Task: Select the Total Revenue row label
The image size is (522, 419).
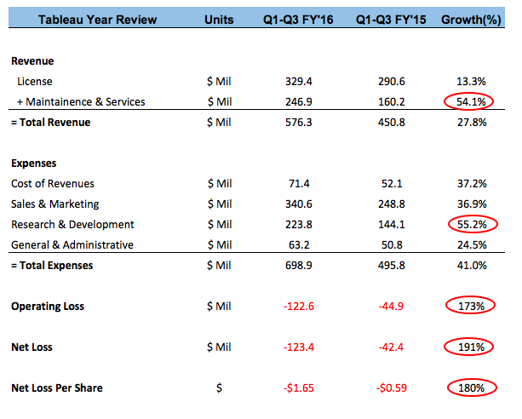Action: (51, 123)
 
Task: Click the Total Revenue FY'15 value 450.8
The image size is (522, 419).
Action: (387, 123)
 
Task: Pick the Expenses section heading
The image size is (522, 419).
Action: (34, 163)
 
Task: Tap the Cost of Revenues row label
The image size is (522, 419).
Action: (52, 183)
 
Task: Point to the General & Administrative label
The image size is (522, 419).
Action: (72, 244)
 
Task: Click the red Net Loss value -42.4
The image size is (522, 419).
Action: (387, 347)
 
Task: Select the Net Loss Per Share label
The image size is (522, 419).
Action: (57, 387)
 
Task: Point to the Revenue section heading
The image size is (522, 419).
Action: (32, 60)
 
